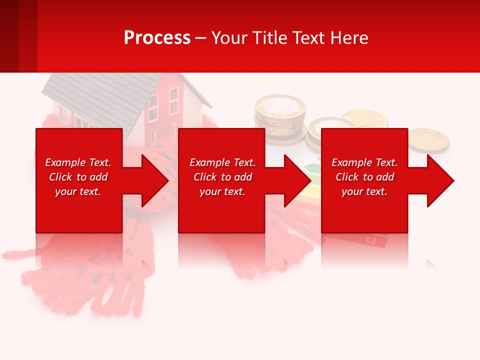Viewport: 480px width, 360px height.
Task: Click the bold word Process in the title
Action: click(x=157, y=38)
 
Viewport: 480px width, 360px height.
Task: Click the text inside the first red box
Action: click(x=78, y=177)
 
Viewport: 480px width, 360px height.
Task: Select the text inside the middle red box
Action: click(x=222, y=177)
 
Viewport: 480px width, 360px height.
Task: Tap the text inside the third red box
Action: click(x=364, y=177)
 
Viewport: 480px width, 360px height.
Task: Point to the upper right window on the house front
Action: click(x=174, y=100)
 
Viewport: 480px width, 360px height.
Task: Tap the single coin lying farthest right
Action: click(x=428, y=140)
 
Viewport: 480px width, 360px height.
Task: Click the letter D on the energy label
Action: click(x=372, y=241)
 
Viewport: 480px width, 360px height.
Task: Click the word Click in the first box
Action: click(x=61, y=177)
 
